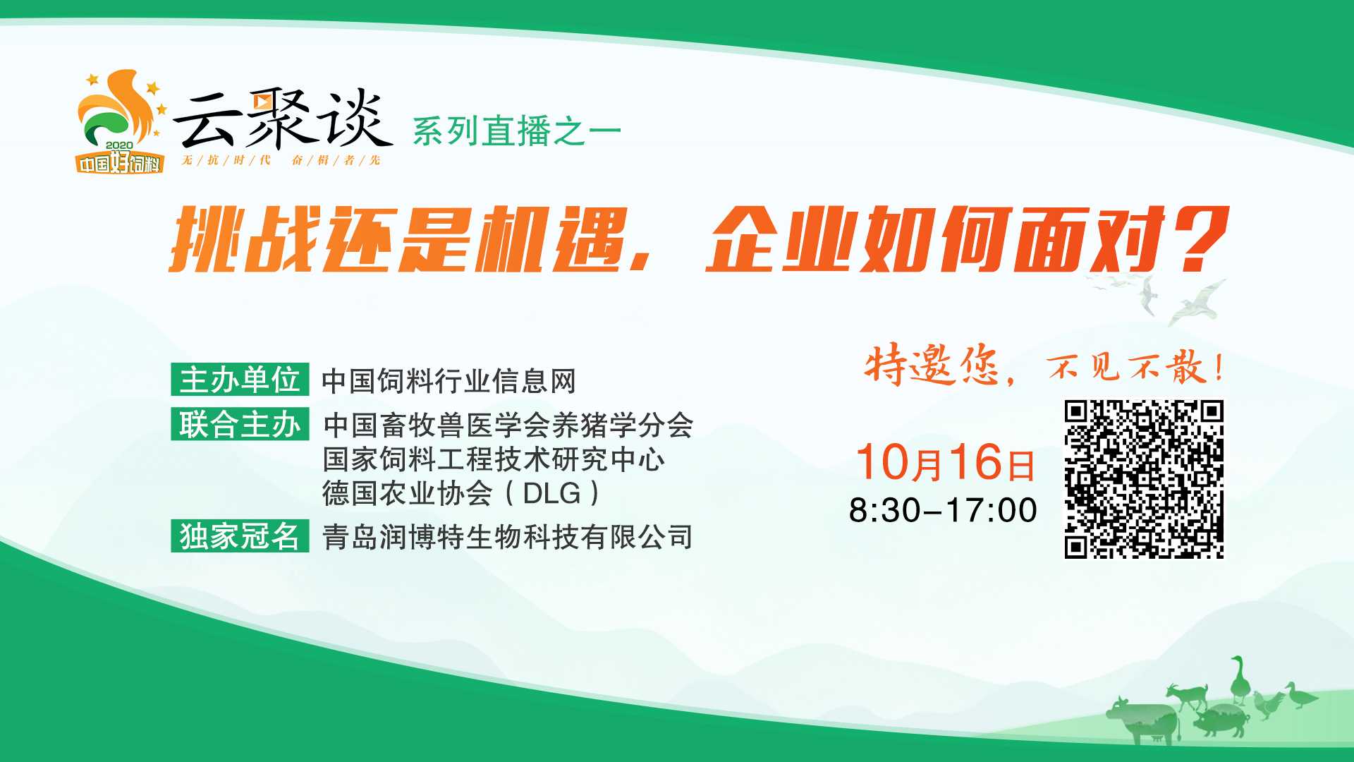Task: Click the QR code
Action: coord(1144,480)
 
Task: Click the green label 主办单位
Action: coord(240,380)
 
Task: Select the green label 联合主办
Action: coord(240,425)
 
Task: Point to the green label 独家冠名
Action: coord(240,536)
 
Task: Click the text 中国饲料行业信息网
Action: coord(449,381)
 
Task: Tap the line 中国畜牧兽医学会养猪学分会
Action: coord(508,425)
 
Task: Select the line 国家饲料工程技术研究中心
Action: coord(494,459)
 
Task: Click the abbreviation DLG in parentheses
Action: coord(551,493)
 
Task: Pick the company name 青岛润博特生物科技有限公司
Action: coord(508,537)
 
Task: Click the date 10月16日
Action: coord(946,462)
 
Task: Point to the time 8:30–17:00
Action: coord(943,510)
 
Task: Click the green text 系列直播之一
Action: coord(517,131)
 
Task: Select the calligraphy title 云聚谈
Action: coord(282,120)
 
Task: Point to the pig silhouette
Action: coord(1219,721)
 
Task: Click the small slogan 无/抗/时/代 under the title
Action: coord(226,160)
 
